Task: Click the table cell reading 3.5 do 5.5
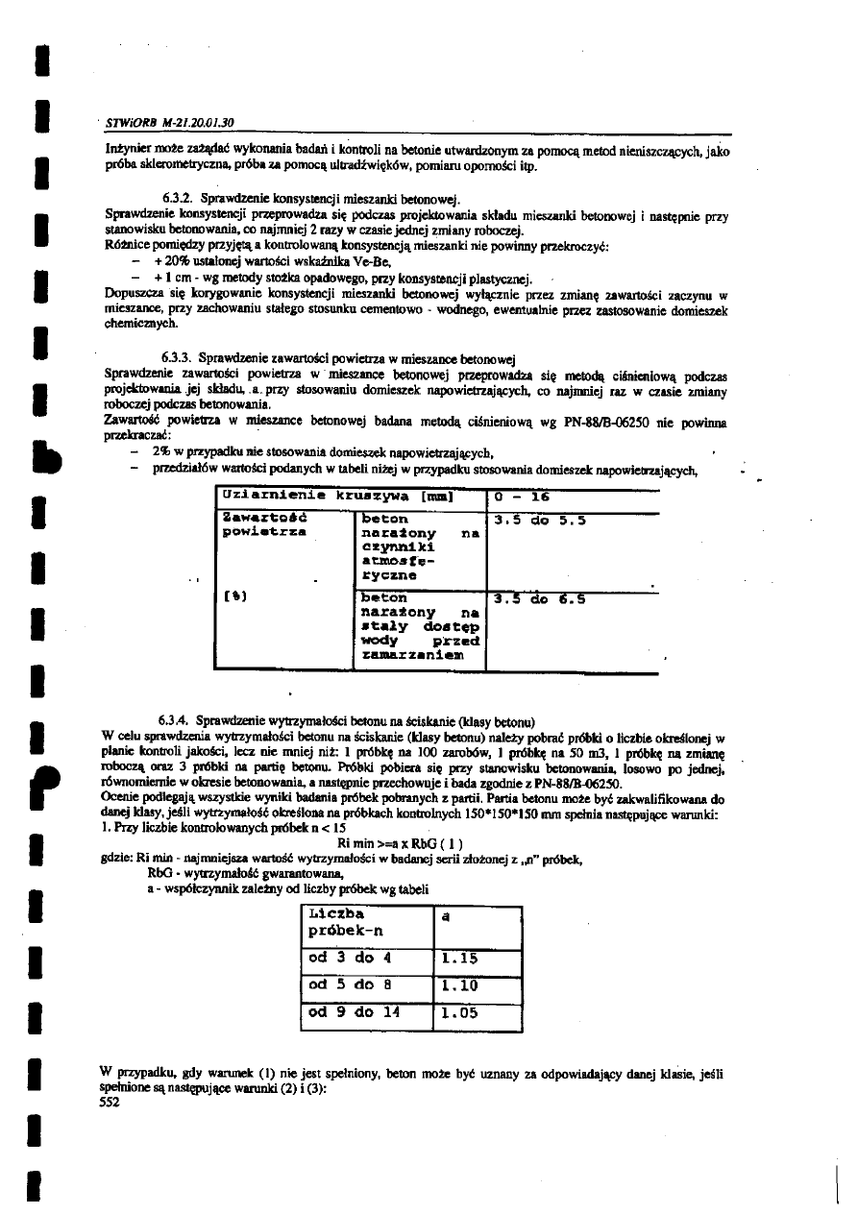tap(540, 522)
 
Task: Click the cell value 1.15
tap(461, 958)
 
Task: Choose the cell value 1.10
tap(461, 984)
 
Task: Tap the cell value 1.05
tap(461, 1011)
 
